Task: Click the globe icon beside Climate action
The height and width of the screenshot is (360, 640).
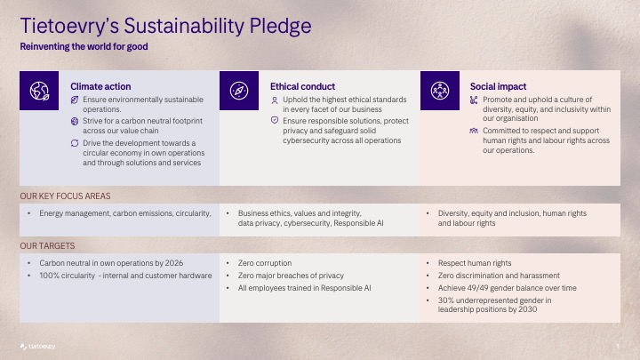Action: pyautogui.click(x=40, y=92)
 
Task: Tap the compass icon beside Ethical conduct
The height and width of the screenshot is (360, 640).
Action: pyautogui.click(x=240, y=92)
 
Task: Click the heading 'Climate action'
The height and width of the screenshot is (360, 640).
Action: pyautogui.click(x=100, y=86)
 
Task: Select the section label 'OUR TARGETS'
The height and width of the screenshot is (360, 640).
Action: pyautogui.click(x=47, y=245)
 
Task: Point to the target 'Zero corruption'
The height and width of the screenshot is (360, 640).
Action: pyautogui.click(x=265, y=263)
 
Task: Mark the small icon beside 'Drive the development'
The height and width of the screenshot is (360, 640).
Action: pyautogui.click(x=75, y=142)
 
